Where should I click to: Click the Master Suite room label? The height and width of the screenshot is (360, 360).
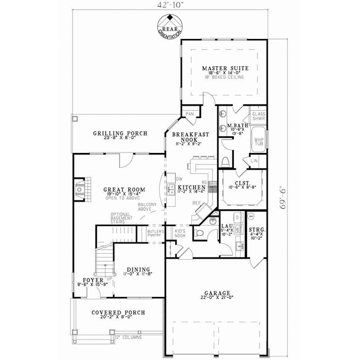click(221, 68)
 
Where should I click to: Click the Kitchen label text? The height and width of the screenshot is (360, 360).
click(191, 188)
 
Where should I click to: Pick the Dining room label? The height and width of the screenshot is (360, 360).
click(137, 269)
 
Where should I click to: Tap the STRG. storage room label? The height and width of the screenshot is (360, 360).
click(257, 230)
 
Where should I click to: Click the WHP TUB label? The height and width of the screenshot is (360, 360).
click(258, 142)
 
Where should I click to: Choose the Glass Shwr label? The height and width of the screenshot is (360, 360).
click(258, 116)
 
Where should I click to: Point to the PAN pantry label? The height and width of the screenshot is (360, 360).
click(190, 114)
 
